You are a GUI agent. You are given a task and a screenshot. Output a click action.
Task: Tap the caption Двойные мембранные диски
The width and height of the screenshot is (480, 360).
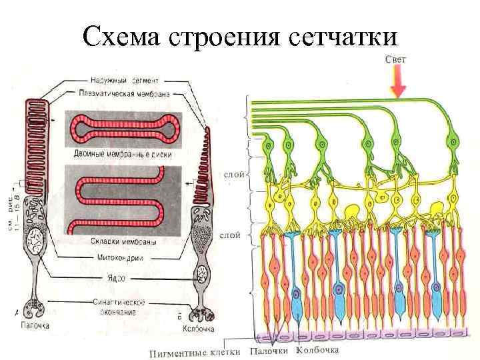point(122,154)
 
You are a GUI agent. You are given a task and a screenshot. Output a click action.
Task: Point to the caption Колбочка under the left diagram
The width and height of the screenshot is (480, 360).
point(198,329)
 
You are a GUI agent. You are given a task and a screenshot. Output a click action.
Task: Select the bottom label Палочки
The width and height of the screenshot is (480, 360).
point(269,351)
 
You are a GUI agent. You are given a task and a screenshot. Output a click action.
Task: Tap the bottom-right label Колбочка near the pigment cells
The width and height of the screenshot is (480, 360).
point(317,350)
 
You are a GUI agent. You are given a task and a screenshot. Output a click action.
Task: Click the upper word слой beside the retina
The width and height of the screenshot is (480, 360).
point(233,175)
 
